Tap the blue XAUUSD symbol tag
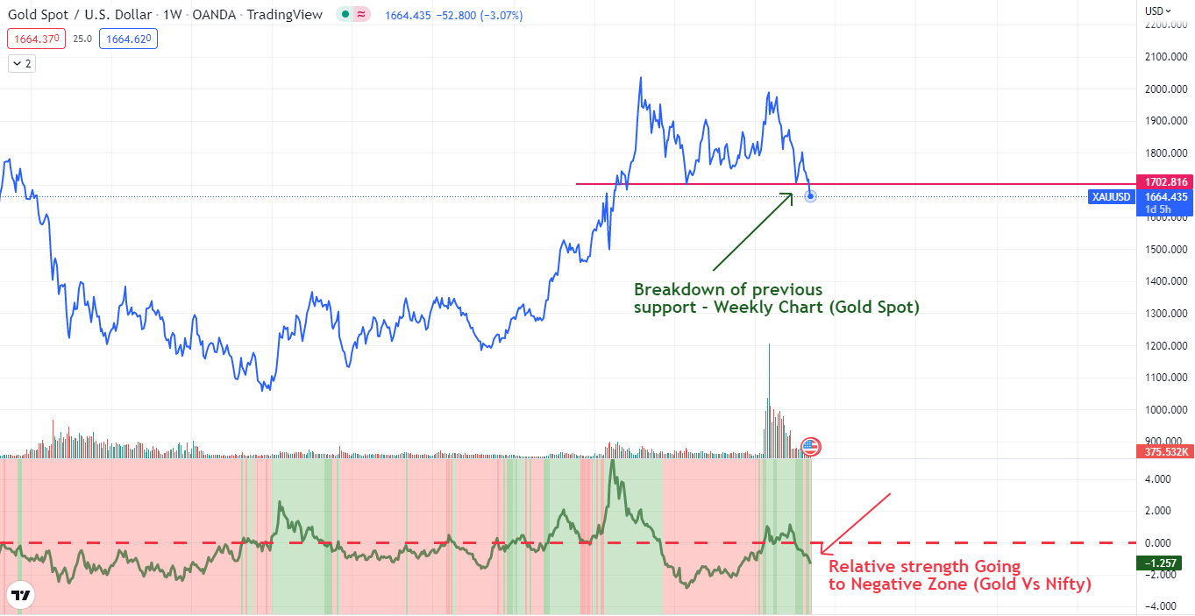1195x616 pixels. pos(1111,197)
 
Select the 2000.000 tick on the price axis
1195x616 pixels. pos(1166,89)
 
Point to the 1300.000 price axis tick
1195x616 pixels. pos(1166,314)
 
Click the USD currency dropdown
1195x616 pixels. pos(1157,11)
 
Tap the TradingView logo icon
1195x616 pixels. pos(21,596)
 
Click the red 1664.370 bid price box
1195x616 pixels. pos(36,39)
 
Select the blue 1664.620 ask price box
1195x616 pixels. pos(128,39)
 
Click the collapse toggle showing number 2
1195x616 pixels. pos(22,63)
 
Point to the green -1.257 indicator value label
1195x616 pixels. pos(1164,563)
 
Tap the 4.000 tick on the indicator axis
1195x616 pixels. pos(1158,479)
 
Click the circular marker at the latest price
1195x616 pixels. pos(810,195)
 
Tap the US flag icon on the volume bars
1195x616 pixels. pos(810,447)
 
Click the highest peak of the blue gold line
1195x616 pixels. pos(641,77)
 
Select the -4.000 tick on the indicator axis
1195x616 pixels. pos(1158,606)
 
